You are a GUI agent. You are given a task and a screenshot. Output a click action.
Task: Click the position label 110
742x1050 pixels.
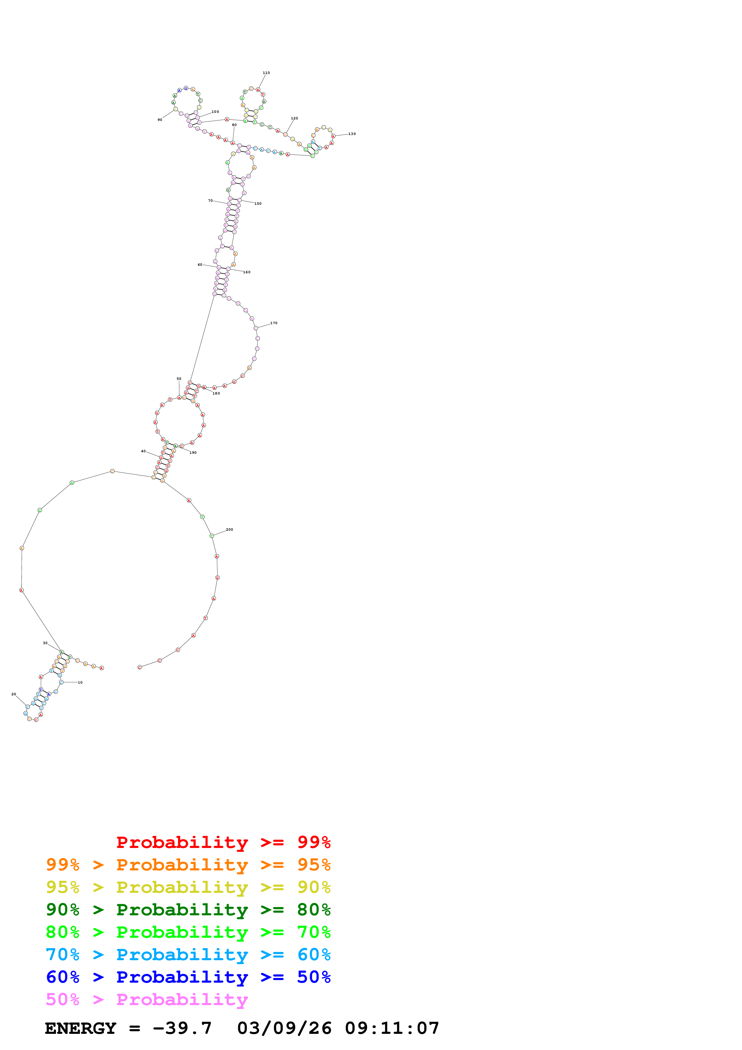(266, 73)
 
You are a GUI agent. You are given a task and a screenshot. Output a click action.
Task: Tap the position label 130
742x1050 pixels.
(352, 134)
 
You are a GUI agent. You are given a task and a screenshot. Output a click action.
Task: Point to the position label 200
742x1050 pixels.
(230, 529)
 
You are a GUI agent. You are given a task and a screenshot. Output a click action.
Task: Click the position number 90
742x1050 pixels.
(160, 120)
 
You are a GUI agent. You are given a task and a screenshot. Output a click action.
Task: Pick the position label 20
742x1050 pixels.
(14, 694)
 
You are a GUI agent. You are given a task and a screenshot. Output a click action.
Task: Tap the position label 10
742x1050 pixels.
(80, 682)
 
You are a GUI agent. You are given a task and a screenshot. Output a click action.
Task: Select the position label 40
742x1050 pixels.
(143, 451)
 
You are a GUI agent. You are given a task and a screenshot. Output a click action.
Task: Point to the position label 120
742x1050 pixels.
(295, 119)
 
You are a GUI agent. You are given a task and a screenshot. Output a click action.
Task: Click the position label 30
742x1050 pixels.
(45, 643)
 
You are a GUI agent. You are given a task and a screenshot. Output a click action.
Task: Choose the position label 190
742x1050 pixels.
(193, 453)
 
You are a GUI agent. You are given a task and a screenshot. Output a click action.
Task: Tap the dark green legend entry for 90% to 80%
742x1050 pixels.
(188, 910)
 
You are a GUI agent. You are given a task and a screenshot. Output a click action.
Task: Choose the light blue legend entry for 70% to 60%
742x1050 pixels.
(188, 955)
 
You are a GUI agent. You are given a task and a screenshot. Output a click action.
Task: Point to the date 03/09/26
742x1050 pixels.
(284, 1028)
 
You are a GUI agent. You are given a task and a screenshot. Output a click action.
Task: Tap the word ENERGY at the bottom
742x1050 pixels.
(81, 1028)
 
